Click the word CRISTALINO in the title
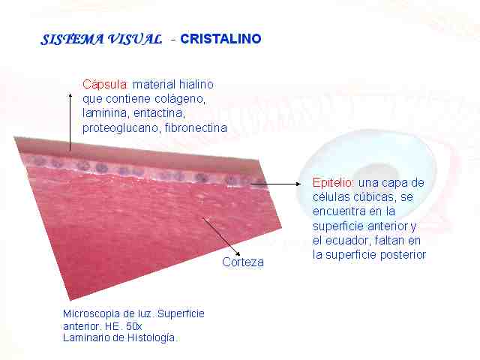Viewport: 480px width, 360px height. (220, 39)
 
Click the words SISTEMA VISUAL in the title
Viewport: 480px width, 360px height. (101, 40)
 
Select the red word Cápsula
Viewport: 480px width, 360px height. (105, 85)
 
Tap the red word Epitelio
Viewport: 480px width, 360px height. (333, 183)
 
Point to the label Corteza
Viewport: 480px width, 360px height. (243, 262)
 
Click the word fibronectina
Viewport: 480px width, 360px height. (196, 127)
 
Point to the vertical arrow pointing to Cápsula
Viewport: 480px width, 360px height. (70, 121)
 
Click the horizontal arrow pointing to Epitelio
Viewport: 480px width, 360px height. (276, 184)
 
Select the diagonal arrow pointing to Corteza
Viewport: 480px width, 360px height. (221, 236)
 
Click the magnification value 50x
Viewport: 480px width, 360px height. (133, 326)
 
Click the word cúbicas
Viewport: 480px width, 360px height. (373, 196)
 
